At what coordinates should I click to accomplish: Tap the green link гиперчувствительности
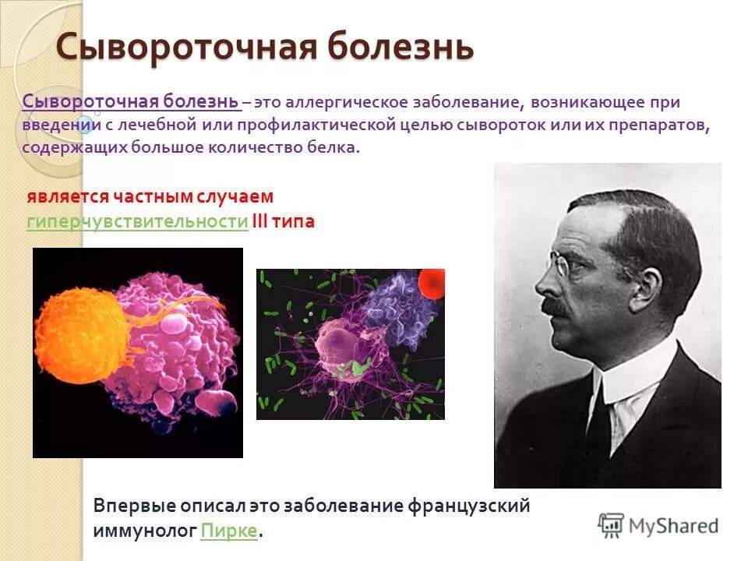pyautogui.click(x=137, y=222)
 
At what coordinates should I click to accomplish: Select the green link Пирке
pyautogui.click(x=228, y=531)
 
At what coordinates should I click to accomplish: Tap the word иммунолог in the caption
pyautogui.click(x=144, y=531)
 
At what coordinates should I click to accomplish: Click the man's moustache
pyautogui.click(x=559, y=305)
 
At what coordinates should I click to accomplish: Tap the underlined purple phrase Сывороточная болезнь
pyautogui.click(x=130, y=102)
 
